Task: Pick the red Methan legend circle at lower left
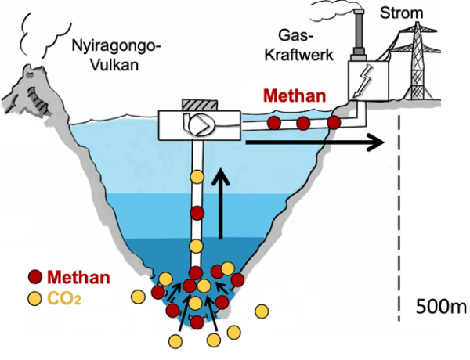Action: pyautogui.click(x=35, y=276)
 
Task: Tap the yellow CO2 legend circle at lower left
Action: pyautogui.click(x=35, y=298)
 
